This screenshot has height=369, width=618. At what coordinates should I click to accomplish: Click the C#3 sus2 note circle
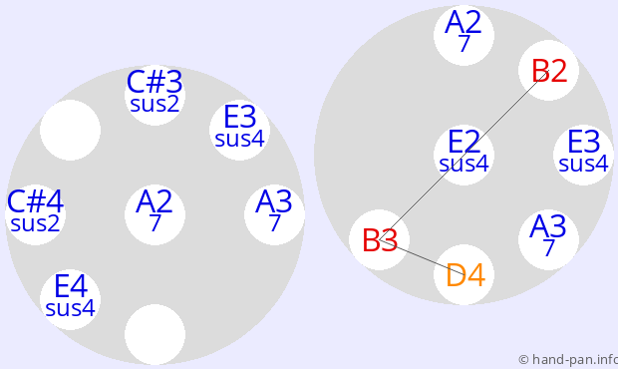pos(154,95)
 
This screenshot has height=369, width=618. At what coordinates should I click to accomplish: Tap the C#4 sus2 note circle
pos(36,214)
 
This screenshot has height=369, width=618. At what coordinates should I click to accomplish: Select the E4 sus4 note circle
pos(70,299)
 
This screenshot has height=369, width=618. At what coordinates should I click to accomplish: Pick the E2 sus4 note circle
pos(463,155)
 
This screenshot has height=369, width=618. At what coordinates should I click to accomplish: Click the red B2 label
pos(549,71)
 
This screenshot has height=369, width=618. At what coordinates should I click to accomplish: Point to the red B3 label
pos(380,240)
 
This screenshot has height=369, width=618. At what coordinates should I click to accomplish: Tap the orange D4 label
pos(465,275)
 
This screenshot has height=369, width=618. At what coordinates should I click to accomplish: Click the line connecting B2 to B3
pos(463,155)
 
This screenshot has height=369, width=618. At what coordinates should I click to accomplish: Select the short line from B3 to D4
pos(422,256)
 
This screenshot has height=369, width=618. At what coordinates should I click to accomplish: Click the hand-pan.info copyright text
pos(568,360)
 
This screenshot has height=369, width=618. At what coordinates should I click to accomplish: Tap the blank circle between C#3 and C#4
pos(70,130)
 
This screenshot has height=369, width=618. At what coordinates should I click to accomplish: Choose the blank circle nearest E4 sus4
pos(154,334)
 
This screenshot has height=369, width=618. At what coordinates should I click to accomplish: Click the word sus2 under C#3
pos(154,104)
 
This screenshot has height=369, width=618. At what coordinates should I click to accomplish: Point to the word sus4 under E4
pos(70,308)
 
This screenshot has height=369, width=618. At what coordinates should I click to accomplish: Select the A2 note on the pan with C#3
pos(154,214)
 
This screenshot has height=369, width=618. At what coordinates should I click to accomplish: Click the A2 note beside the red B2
pos(463,35)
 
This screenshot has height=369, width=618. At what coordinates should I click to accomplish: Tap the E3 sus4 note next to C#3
pos(239,130)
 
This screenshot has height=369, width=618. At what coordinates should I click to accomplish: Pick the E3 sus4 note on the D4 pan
pos(583,155)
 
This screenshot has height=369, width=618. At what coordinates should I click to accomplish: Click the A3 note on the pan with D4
pos(548,239)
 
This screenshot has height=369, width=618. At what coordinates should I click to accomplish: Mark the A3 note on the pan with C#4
pos(274,214)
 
